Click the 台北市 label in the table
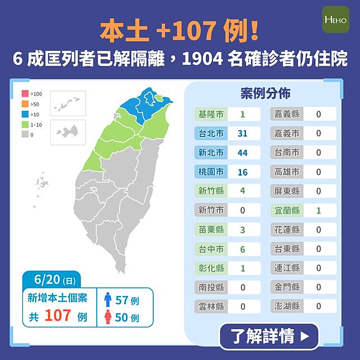211,134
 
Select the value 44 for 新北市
242,153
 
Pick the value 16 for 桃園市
242,172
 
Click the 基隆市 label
211,114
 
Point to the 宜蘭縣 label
287,211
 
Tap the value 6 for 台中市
242,249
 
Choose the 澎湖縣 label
287,306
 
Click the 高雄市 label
287,172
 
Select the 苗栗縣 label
211,230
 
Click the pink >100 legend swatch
25,94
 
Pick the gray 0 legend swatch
25,135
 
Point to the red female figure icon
108,318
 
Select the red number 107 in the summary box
58,316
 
